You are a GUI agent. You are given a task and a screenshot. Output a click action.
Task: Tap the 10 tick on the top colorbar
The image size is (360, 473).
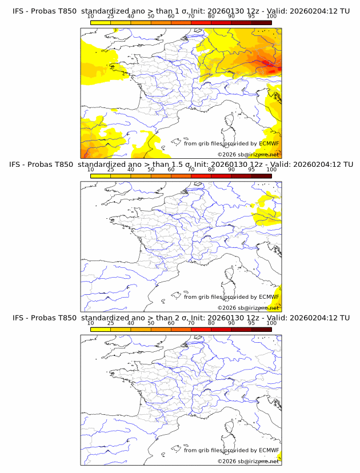pos(91,17)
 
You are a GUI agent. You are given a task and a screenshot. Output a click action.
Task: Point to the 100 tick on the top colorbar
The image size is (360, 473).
pos(271,17)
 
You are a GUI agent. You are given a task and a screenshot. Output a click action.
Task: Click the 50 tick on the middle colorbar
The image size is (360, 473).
pos(151,170)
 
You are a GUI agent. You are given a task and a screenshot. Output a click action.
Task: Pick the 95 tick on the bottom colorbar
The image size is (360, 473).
pos(251,323)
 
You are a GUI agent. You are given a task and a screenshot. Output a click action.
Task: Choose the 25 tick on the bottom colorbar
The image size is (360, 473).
pos(111,323)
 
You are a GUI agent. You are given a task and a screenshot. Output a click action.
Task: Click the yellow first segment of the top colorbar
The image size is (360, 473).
pos(101,22)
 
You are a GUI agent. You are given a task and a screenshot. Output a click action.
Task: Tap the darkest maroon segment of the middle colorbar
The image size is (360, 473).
pos(261,175)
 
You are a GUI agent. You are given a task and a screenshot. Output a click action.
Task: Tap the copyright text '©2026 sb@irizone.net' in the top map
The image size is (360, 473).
pos(248,155)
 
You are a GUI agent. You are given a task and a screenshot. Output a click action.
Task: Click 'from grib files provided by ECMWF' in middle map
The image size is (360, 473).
pos(231,297)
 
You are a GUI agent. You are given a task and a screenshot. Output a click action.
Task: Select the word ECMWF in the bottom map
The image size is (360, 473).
pos(269,450)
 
